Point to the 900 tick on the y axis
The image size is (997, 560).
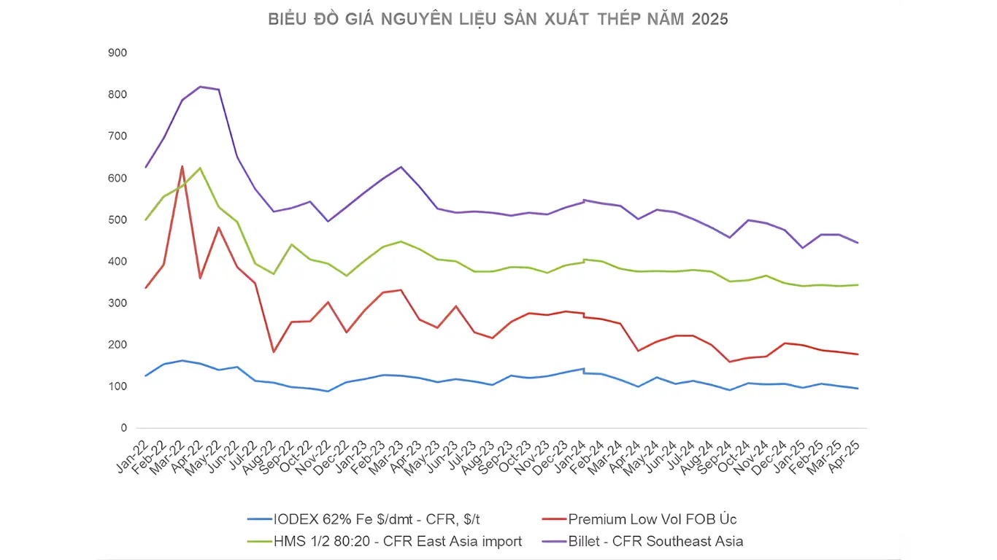(x=117, y=53)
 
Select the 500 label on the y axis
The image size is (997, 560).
(x=117, y=220)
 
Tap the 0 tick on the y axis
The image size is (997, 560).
(x=123, y=428)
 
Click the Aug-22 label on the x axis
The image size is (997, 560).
(x=261, y=457)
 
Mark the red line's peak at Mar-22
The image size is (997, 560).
(x=182, y=166)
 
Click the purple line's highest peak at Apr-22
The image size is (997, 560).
(x=200, y=87)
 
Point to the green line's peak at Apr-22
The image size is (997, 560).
(x=200, y=168)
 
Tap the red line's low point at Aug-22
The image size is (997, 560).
(x=273, y=352)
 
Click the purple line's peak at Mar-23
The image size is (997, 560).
(x=401, y=167)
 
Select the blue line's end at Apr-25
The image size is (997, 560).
(x=857, y=389)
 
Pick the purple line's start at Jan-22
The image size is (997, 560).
(x=146, y=168)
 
